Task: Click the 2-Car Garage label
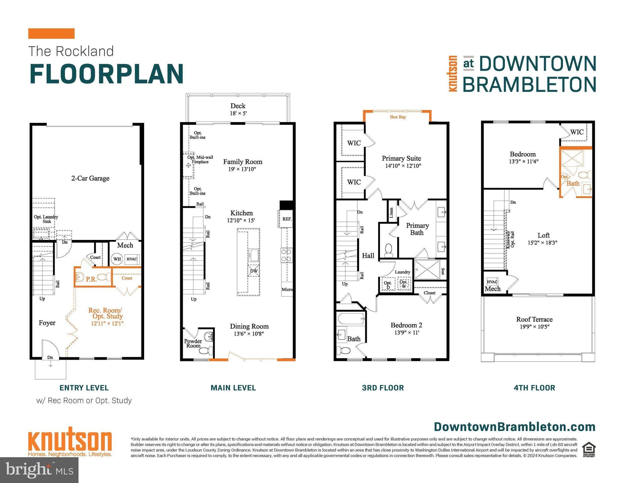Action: [x=90, y=178]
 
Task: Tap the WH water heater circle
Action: [x=117, y=259]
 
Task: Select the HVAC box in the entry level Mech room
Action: [x=132, y=259]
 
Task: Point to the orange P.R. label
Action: [x=91, y=279]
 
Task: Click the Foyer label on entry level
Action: [x=47, y=323]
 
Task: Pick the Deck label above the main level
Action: [x=238, y=106]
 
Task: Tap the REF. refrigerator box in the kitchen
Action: [x=287, y=219]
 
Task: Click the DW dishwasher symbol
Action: [x=254, y=271]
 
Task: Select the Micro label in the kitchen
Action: [x=287, y=289]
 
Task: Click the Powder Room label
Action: [x=193, y=343]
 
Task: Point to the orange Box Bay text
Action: [x=398, y=117]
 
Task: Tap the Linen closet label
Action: [x=391, y=213]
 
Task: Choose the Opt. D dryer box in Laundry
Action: [x=388, y=285]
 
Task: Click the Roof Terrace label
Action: [x=534, y=319]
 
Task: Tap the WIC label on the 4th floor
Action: [x=577, y=132]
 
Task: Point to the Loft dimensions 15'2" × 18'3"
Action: [x=543, y=243]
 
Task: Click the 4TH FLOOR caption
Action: [x=534, y=388]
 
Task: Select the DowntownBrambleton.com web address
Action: [x=515, y=427]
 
